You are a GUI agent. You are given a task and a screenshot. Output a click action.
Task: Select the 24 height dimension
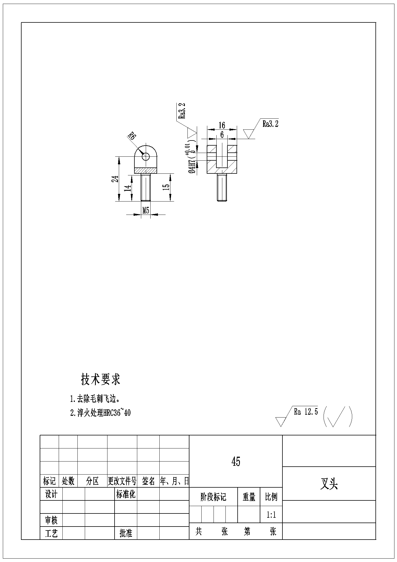pos(115,179)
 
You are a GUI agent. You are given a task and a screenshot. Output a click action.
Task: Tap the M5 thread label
pos(146,210)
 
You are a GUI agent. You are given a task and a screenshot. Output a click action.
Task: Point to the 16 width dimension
pos(222,125)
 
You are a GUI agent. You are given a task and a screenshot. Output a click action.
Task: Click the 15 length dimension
pos(166,187)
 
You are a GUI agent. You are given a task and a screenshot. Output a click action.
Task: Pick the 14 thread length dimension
pos(128,188)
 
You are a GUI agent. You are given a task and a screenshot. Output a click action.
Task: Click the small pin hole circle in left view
pos(146,156)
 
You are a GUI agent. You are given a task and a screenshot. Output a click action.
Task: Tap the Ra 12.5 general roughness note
pos(306,412)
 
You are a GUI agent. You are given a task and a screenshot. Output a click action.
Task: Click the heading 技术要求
pos(101,379)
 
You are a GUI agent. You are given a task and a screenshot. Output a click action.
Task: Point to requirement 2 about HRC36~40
pos(100,412)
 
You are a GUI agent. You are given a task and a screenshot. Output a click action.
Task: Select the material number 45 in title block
pos(236,462)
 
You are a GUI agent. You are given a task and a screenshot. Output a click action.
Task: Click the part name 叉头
pos(329,484)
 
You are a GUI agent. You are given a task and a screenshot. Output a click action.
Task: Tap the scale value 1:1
pos(271,515)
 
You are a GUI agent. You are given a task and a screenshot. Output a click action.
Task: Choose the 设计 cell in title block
pos(51,494)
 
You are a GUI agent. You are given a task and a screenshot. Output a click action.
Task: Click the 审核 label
pos(51,520)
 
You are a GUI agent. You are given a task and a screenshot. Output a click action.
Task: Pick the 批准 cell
pos(126,533)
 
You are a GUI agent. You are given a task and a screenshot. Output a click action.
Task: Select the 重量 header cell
pos(249,497)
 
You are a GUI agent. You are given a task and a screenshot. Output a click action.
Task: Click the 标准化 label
pos(126,494)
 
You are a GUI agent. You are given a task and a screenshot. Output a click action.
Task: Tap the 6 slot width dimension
pos(222,135)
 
